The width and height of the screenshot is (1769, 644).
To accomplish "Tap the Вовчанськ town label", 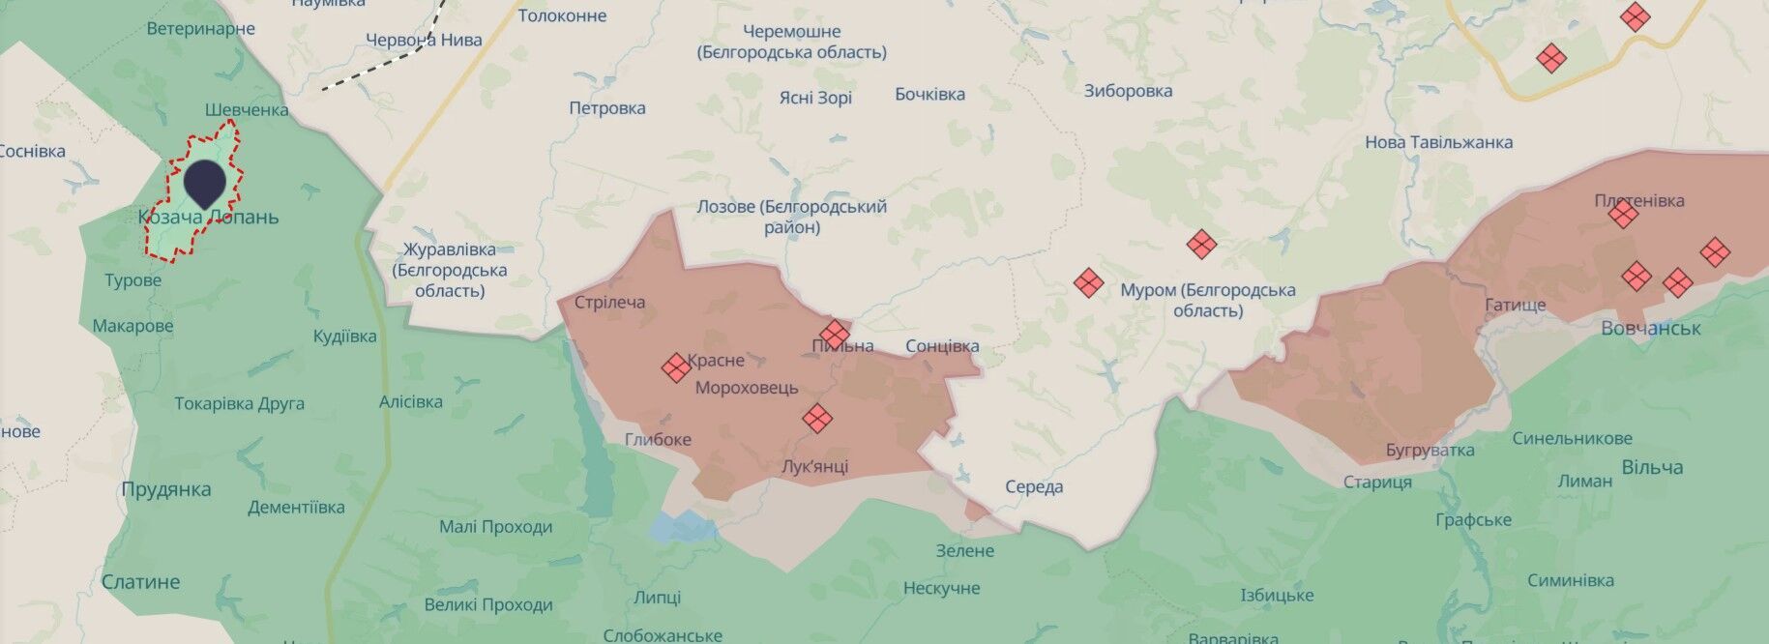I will coord(1650,328).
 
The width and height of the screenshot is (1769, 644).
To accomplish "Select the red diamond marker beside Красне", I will coord(675,367).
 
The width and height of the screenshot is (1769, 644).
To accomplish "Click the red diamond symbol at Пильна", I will coord(834,334).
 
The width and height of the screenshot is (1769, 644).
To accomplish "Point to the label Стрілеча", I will coord(609,303).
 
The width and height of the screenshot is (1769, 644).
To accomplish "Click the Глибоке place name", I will coord(658,439).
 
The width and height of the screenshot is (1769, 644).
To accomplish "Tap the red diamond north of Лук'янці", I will coord(817,418).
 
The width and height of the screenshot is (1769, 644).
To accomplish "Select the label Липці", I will coord(657,598).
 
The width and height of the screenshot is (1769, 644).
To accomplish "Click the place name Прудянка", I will coord(165,489).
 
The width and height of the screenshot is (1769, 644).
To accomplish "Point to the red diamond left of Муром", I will coord(1088,283).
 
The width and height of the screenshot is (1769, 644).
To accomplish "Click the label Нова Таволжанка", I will coord(1438,142).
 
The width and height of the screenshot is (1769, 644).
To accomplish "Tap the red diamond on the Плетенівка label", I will coord(1623,214).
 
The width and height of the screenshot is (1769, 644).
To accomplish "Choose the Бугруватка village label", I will coord(1430,450).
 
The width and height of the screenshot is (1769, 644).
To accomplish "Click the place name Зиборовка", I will coord(1128,91).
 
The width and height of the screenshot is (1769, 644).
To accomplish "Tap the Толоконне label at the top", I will coord(562,15).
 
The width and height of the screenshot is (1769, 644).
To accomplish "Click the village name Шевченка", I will coord(247,109).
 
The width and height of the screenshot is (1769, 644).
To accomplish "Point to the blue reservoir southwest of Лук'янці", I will coord(682,527).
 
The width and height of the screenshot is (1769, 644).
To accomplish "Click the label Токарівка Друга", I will coord(239,403).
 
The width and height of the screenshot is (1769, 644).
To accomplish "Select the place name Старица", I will coord(1377,482).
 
